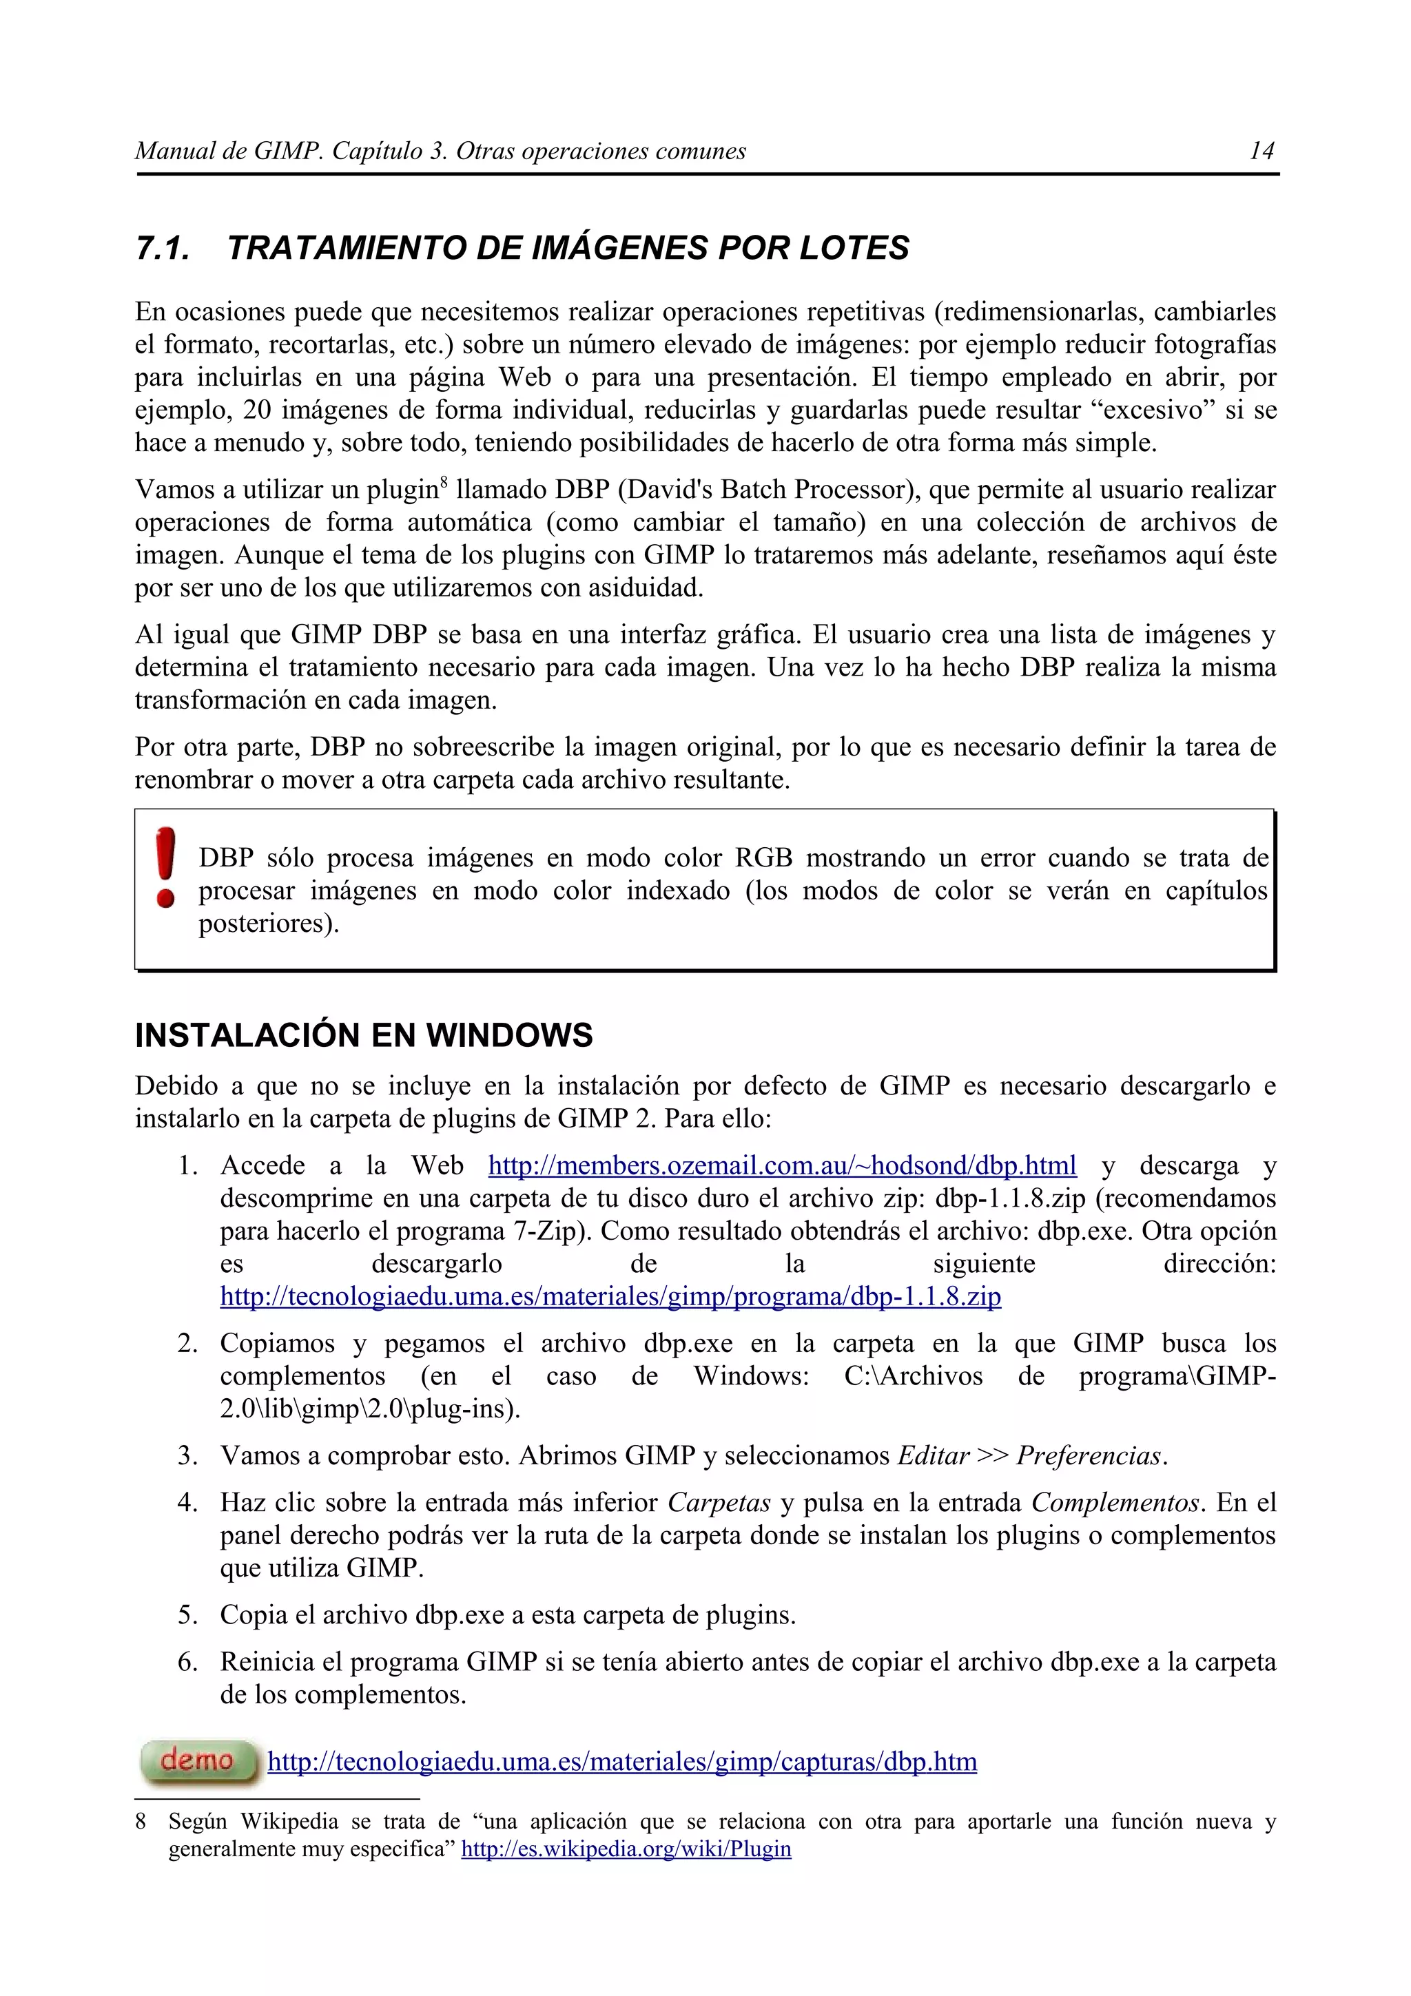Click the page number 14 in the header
(x=1261, y=152)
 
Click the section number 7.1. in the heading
(x=163, y=249)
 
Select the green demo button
(x=199, y=1761)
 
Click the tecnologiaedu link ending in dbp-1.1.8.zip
(x=610, y=1296)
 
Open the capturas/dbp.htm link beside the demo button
(x=621, y=1761)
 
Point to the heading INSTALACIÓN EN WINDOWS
(x=363, y=1035)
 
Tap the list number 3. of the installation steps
(x=189, y=1455)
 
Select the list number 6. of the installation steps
(x=189, y=1661)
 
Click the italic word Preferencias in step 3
(x=1089, y=1455)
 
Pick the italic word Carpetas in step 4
(x=719, y=1502)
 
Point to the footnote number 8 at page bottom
(x=141, y=1821)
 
